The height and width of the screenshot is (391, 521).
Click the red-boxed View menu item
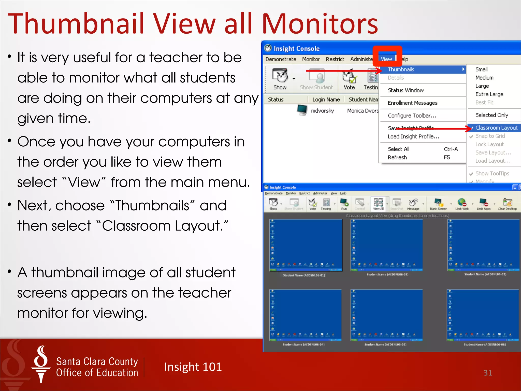(386, 59)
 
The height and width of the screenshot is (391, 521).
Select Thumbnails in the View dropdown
(401, 69)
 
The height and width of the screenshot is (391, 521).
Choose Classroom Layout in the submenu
(496, 128)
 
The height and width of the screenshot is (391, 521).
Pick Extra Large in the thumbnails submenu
(489, 94)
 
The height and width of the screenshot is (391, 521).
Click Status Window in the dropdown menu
(406, 90)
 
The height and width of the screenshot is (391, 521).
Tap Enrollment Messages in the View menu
(412, 103)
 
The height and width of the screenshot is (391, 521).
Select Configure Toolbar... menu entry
(412, 116)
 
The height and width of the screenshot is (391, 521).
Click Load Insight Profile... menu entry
(413, 136)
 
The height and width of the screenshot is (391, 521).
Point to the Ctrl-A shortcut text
(451, 149)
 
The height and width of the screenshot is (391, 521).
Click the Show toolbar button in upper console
(280, 79)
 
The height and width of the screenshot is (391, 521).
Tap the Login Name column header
(326, 100)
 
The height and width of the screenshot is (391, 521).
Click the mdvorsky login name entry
(322, 111)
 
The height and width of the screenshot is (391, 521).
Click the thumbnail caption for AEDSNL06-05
(385, 344)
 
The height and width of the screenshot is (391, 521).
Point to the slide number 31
(488, 373)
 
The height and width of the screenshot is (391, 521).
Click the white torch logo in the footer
(41, 364)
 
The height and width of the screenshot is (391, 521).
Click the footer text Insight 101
(193, 367)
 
